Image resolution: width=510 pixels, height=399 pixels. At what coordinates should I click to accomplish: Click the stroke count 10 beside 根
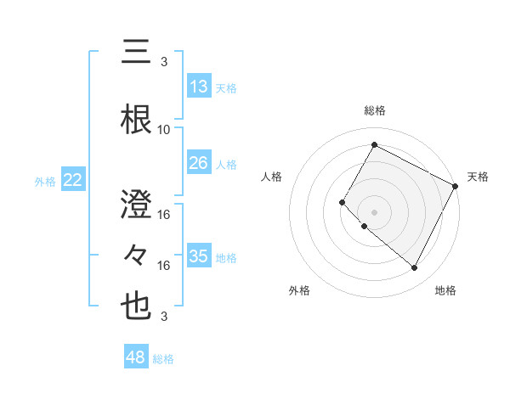(164, 130)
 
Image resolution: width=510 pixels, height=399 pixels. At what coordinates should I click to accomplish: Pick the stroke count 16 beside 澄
(164, 214)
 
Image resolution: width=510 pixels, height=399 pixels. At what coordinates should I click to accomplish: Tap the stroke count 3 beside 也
(164, 317)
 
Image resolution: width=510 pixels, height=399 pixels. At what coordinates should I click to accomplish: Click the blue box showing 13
(199, 87)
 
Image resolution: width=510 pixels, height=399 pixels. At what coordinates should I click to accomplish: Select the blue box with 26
(199, 163)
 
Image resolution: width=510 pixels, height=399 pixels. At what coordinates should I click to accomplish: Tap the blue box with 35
(199, 256)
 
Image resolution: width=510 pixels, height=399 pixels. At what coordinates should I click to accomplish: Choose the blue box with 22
(73, 180)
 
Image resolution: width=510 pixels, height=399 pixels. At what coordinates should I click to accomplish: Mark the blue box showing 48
(136, 357)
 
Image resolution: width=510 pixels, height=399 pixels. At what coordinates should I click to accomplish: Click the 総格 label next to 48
(163, 359)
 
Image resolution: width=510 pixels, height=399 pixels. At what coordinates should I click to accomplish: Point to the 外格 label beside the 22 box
(45, 181)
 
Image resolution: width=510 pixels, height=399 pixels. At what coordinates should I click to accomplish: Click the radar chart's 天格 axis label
(478, 177)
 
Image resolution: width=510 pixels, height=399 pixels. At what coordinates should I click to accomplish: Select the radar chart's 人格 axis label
(272, 177)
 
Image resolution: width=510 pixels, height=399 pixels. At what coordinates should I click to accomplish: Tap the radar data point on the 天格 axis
(456, 186)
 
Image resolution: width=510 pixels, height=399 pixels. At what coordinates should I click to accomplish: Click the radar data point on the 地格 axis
(415, 268)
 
